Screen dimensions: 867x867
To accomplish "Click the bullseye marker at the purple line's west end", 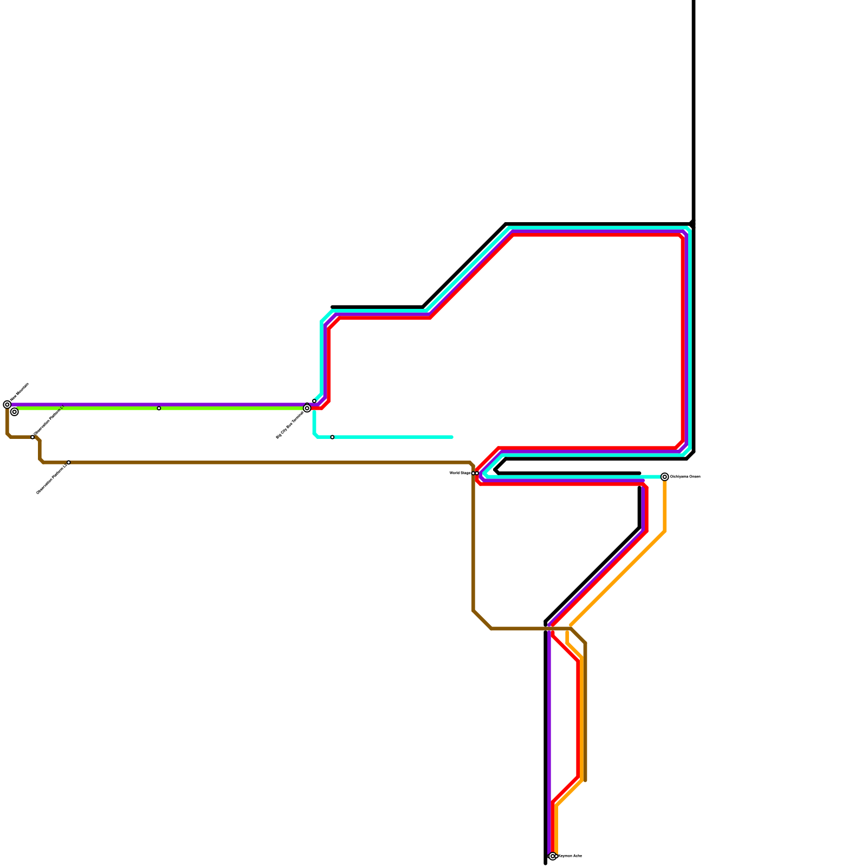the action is click(7, 405).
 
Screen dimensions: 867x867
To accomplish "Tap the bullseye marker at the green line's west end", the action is click(15, 412).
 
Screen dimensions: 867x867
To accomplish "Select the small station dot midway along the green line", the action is click(159, 408).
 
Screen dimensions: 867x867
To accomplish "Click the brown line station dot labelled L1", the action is click(33, 437).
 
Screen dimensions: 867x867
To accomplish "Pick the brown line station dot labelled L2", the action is click(68, 462).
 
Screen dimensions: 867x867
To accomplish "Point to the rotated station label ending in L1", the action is click(49, 420).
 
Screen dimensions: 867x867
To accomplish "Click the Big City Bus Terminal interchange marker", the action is click(307, 408).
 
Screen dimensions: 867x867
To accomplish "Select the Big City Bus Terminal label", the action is click(290, 425).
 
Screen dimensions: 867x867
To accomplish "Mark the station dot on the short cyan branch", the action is click(332, 437).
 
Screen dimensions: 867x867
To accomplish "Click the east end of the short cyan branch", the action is click(452, 437).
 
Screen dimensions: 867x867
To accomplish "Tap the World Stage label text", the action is click(460, 473).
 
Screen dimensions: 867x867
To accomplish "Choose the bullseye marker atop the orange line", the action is click(665, 477).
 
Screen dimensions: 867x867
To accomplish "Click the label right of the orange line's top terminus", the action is click(685, 477).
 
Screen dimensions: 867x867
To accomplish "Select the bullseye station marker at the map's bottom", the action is click(553, 856).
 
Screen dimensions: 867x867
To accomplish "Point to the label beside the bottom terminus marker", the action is click(570, 856).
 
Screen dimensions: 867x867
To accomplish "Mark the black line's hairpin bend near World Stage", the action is click(496, 470).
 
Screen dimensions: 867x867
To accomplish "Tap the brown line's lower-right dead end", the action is click(585, 780).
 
